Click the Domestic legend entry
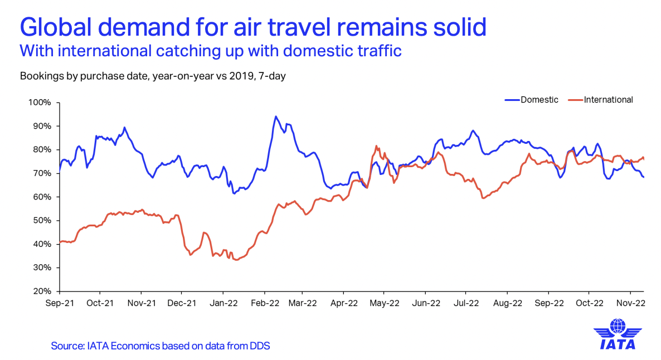(539, 100)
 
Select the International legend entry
(608, 100)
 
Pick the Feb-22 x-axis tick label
(265, 303)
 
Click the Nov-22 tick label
(630, 303)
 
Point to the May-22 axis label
(385, 303)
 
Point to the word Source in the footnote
(67, 346)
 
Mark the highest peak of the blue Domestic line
(275, 116)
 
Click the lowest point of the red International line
(237, 260)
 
